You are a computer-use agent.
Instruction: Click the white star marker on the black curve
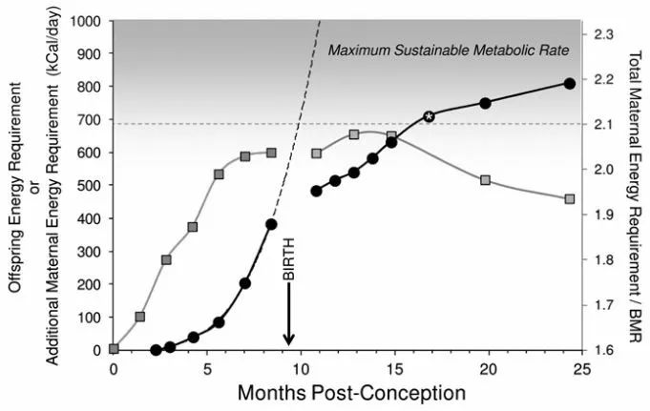point(429,115)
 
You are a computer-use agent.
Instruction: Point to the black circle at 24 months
point(570,83)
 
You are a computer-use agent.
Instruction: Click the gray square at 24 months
point(570,198)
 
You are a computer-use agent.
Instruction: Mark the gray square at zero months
point(115,349)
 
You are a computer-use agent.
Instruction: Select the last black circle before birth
point(271,224)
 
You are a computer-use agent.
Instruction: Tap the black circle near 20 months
point(485,103)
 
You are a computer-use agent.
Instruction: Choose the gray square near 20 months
point(486,179)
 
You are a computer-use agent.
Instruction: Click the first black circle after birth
point(317,191)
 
